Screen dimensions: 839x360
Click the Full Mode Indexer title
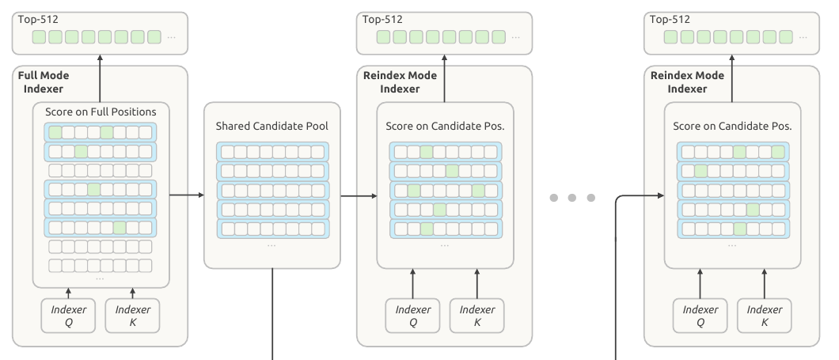tap(44, 81)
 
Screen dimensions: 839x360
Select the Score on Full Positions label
tap(101, 112)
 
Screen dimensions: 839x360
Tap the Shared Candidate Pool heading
tap(271, 127)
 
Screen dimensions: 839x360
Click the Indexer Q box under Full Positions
tap(69, 316)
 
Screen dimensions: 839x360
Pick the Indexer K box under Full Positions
tap(133, 316)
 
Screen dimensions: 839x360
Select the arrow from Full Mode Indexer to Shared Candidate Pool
tap(187, 195)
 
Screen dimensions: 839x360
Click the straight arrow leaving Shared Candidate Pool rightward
tap(359, 195)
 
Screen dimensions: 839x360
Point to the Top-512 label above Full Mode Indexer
tap(38, 19)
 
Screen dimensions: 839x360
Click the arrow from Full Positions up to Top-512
tap(100, 78)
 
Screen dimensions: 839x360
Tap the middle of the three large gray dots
tap(572, 198)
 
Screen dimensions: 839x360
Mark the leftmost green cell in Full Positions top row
tap(55, 132)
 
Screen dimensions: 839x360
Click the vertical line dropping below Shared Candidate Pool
tap(272, 314)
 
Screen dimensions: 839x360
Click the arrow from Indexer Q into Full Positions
tap(69, 293)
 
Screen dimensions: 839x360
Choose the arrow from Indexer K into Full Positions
tap(133, 293)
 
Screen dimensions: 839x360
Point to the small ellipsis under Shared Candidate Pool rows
tap(271, 245)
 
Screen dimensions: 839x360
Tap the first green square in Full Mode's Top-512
tap(39, 37)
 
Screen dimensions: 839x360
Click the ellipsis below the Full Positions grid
tap(100, 279)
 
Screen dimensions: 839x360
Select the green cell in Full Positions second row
tap(81, 151)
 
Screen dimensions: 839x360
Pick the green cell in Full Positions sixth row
tap(120, 228)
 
